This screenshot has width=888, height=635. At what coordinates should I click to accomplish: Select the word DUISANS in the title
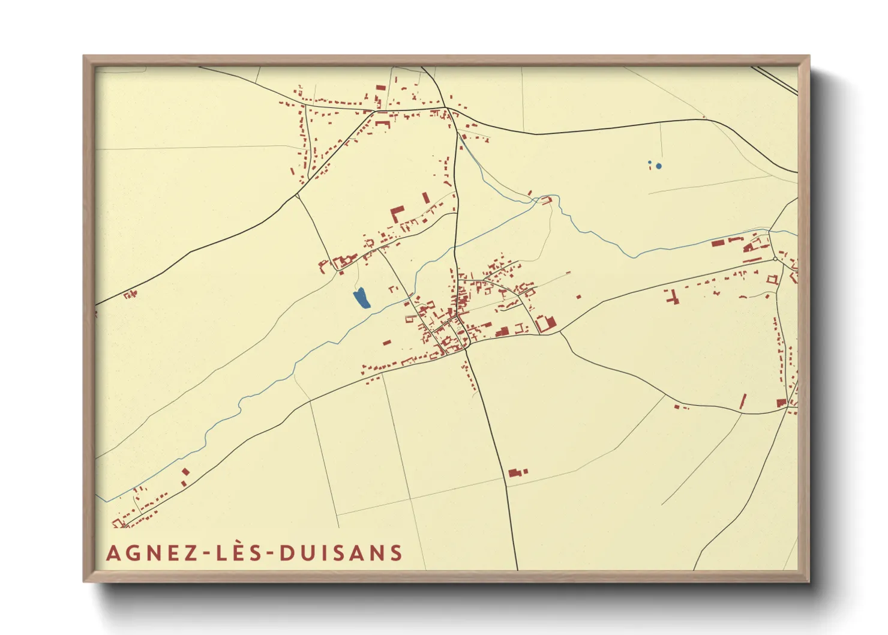click(x=341, y=553)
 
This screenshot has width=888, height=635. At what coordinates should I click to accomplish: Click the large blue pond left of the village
click(x=361, y=298)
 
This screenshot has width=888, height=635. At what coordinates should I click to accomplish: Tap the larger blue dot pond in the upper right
click(x=659, y=166)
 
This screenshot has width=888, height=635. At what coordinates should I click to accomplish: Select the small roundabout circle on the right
click(x=775, y=259)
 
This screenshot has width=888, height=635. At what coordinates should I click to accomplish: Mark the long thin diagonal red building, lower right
click(x=743, y=402)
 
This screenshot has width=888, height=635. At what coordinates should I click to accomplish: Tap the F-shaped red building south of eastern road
click(x=671, y=296)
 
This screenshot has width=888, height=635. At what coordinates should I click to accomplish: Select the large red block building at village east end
click(x=546, y=324)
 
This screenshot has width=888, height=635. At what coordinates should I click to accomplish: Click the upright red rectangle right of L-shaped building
click(x=426, y=197)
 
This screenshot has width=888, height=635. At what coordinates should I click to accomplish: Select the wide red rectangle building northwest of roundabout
click(x=718, y=243)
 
